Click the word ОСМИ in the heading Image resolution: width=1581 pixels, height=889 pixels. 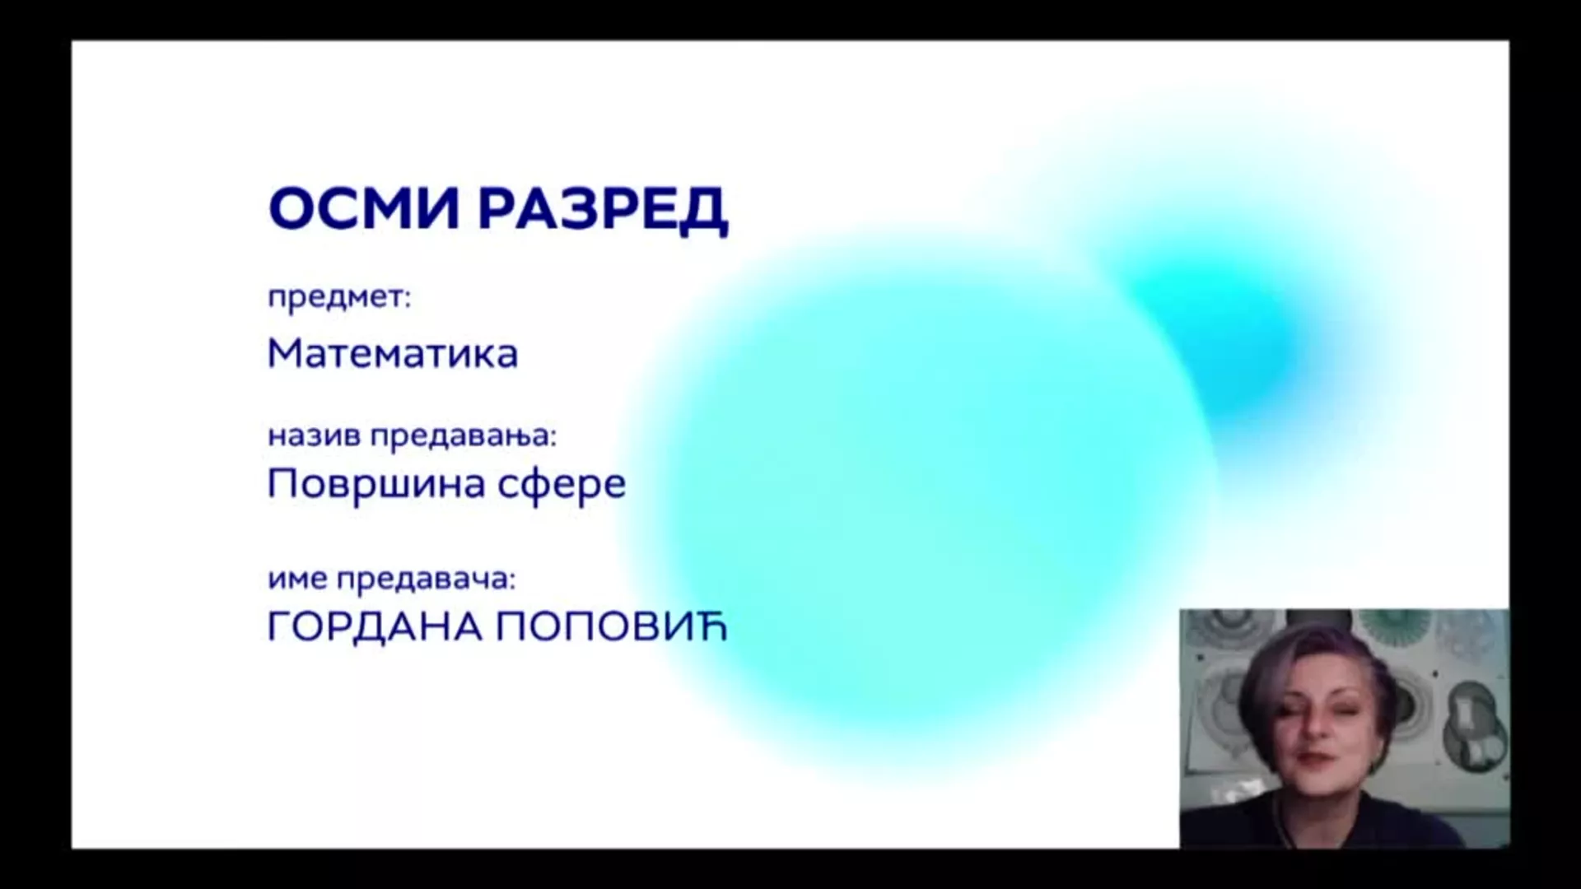click(363, 208)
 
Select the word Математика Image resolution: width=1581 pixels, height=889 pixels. click(393, 353)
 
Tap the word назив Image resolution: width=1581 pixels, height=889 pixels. click(315, 436)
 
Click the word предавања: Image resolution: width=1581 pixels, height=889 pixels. click(464, 437)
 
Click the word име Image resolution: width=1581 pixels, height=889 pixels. click(298, 579)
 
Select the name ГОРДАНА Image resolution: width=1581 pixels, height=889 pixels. click(375, 627)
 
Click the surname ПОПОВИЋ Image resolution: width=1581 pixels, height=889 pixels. click(612, 627)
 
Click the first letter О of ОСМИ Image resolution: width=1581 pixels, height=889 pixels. click(291, 209)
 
